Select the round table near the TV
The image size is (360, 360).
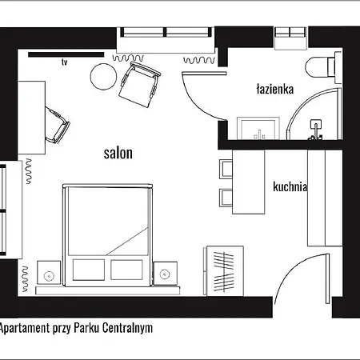point(103,77)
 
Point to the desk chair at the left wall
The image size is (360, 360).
point(56,124)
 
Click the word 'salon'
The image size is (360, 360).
point(118,152)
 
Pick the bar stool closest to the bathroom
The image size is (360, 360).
point(226,168)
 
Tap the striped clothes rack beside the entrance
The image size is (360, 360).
point(225,267)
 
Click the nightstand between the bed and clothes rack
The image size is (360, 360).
point(167,273)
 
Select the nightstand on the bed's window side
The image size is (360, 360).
point(50,273)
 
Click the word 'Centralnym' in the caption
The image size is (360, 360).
point(126,328)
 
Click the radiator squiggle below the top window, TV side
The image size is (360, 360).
point(128,58)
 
